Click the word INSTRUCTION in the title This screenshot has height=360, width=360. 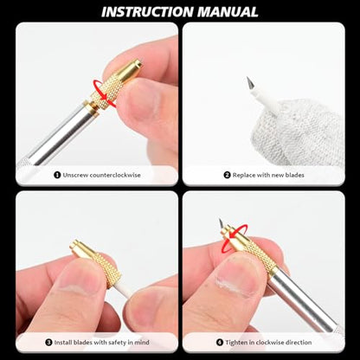[x=148, y=12]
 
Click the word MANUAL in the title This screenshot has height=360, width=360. [x=228, y=12]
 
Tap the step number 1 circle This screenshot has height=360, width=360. [x=57, y=175]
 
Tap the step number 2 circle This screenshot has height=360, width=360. [x=228, y=175]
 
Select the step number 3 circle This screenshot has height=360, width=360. [x=48, y=343]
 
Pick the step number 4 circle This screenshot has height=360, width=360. [x=220, y=343]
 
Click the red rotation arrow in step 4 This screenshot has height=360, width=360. [x=235, y=235]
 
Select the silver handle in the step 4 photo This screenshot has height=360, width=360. [x=303, y=301]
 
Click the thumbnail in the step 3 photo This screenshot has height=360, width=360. [x=75, y=278]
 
